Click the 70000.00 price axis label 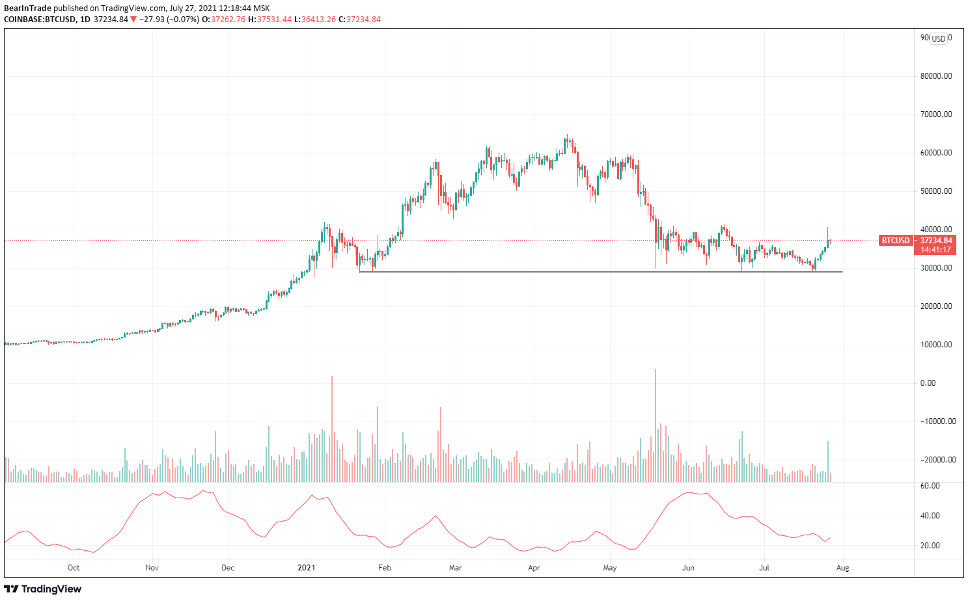coord(935,114)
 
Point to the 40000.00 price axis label coord(935,230)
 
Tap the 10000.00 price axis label coord(935,345)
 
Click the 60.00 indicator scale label coord(930,486)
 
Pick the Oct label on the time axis coord(74,568)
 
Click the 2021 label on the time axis coord(307,568)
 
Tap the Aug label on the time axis coord(842,568)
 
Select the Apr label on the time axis coord(534,568)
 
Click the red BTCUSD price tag coord(895,241)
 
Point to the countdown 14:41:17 coord(935,250)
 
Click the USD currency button coord(938,38)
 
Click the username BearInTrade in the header coord(27,8)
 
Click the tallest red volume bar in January coord(332,429)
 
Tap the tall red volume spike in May coord(656,426)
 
